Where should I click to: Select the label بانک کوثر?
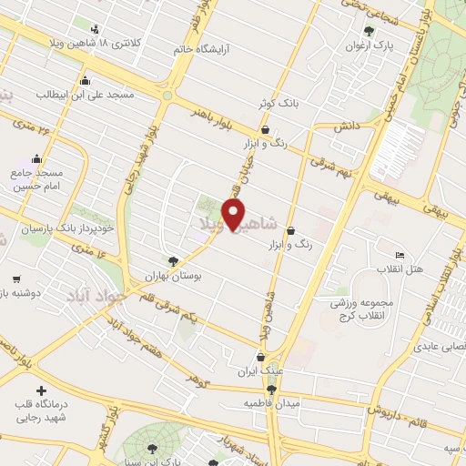pos(279,104)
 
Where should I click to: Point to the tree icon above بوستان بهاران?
pos(173,261)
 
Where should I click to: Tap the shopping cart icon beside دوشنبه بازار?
pos(16,279)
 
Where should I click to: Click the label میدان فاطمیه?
pos(272,402)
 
